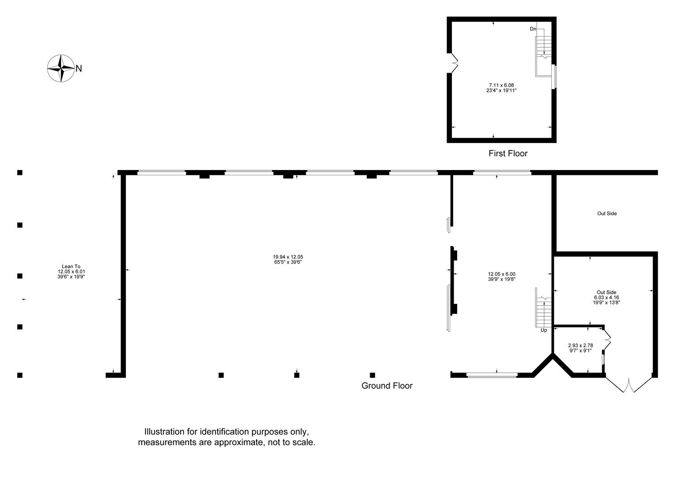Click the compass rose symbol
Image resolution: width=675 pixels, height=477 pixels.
[61, 68]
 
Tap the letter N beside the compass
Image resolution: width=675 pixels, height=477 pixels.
[79, 69]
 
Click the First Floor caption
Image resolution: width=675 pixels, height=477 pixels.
[508, 153]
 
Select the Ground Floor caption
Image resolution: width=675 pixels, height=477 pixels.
[387, 386]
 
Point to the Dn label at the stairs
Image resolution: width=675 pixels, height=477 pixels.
[533, 29]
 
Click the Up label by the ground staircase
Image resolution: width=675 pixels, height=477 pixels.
[544, 330]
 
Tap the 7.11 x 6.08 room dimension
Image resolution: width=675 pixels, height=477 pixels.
[501, 85]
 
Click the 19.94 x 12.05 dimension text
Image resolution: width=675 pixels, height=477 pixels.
[288, 257]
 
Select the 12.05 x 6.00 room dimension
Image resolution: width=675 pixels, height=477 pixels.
[502, 274]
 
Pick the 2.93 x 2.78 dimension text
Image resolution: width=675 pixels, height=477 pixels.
[580, 346]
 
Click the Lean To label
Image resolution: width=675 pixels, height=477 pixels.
[71, 266]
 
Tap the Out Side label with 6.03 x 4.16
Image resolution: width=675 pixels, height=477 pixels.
[606, 292]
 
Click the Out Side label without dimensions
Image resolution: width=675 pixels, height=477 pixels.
[607, 213]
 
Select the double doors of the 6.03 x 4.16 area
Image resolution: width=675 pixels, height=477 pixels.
[629, 385]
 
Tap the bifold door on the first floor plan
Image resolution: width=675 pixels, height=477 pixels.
[454, 63]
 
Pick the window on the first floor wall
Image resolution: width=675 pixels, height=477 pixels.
[554, 77]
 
